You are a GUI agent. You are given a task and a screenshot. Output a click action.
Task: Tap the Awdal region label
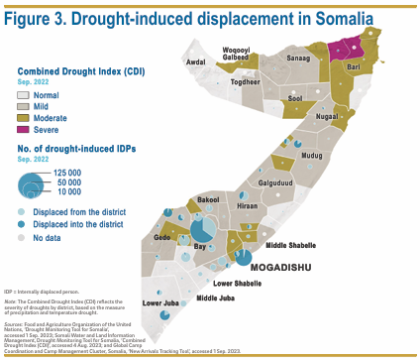pyautogui.click(x=196, y=61)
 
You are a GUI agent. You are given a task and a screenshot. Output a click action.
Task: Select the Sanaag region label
pyautogui.click(x=299, y=60)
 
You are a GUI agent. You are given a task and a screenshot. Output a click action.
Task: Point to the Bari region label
pyautogui.click(x=354, y=66)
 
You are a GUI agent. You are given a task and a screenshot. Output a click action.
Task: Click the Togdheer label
pyautogui.click(x=245, y=83)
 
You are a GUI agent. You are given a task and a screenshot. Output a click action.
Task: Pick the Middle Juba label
pyautogui.click(x=215, y=298)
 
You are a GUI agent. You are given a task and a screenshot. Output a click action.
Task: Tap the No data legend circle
pyautogui.click(x=23, y=238)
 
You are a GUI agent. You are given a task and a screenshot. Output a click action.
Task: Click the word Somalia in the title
pyautogui.click(x=331, y=17)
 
